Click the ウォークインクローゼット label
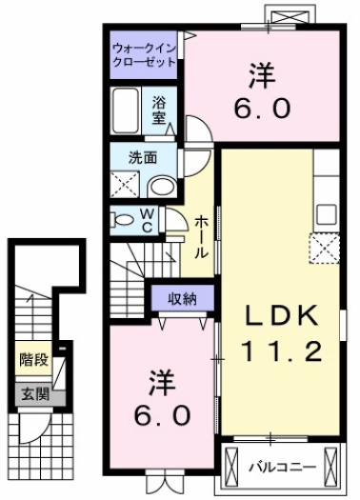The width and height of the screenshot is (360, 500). point(144,53)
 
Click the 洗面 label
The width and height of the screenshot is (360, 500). point(144,157)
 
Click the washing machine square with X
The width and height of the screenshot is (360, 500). point(124,184)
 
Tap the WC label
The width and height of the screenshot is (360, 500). point(149,221)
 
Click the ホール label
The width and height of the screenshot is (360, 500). point(202,237)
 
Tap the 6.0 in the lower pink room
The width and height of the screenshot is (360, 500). point(159,415)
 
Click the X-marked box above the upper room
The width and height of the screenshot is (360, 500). point(287,16)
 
